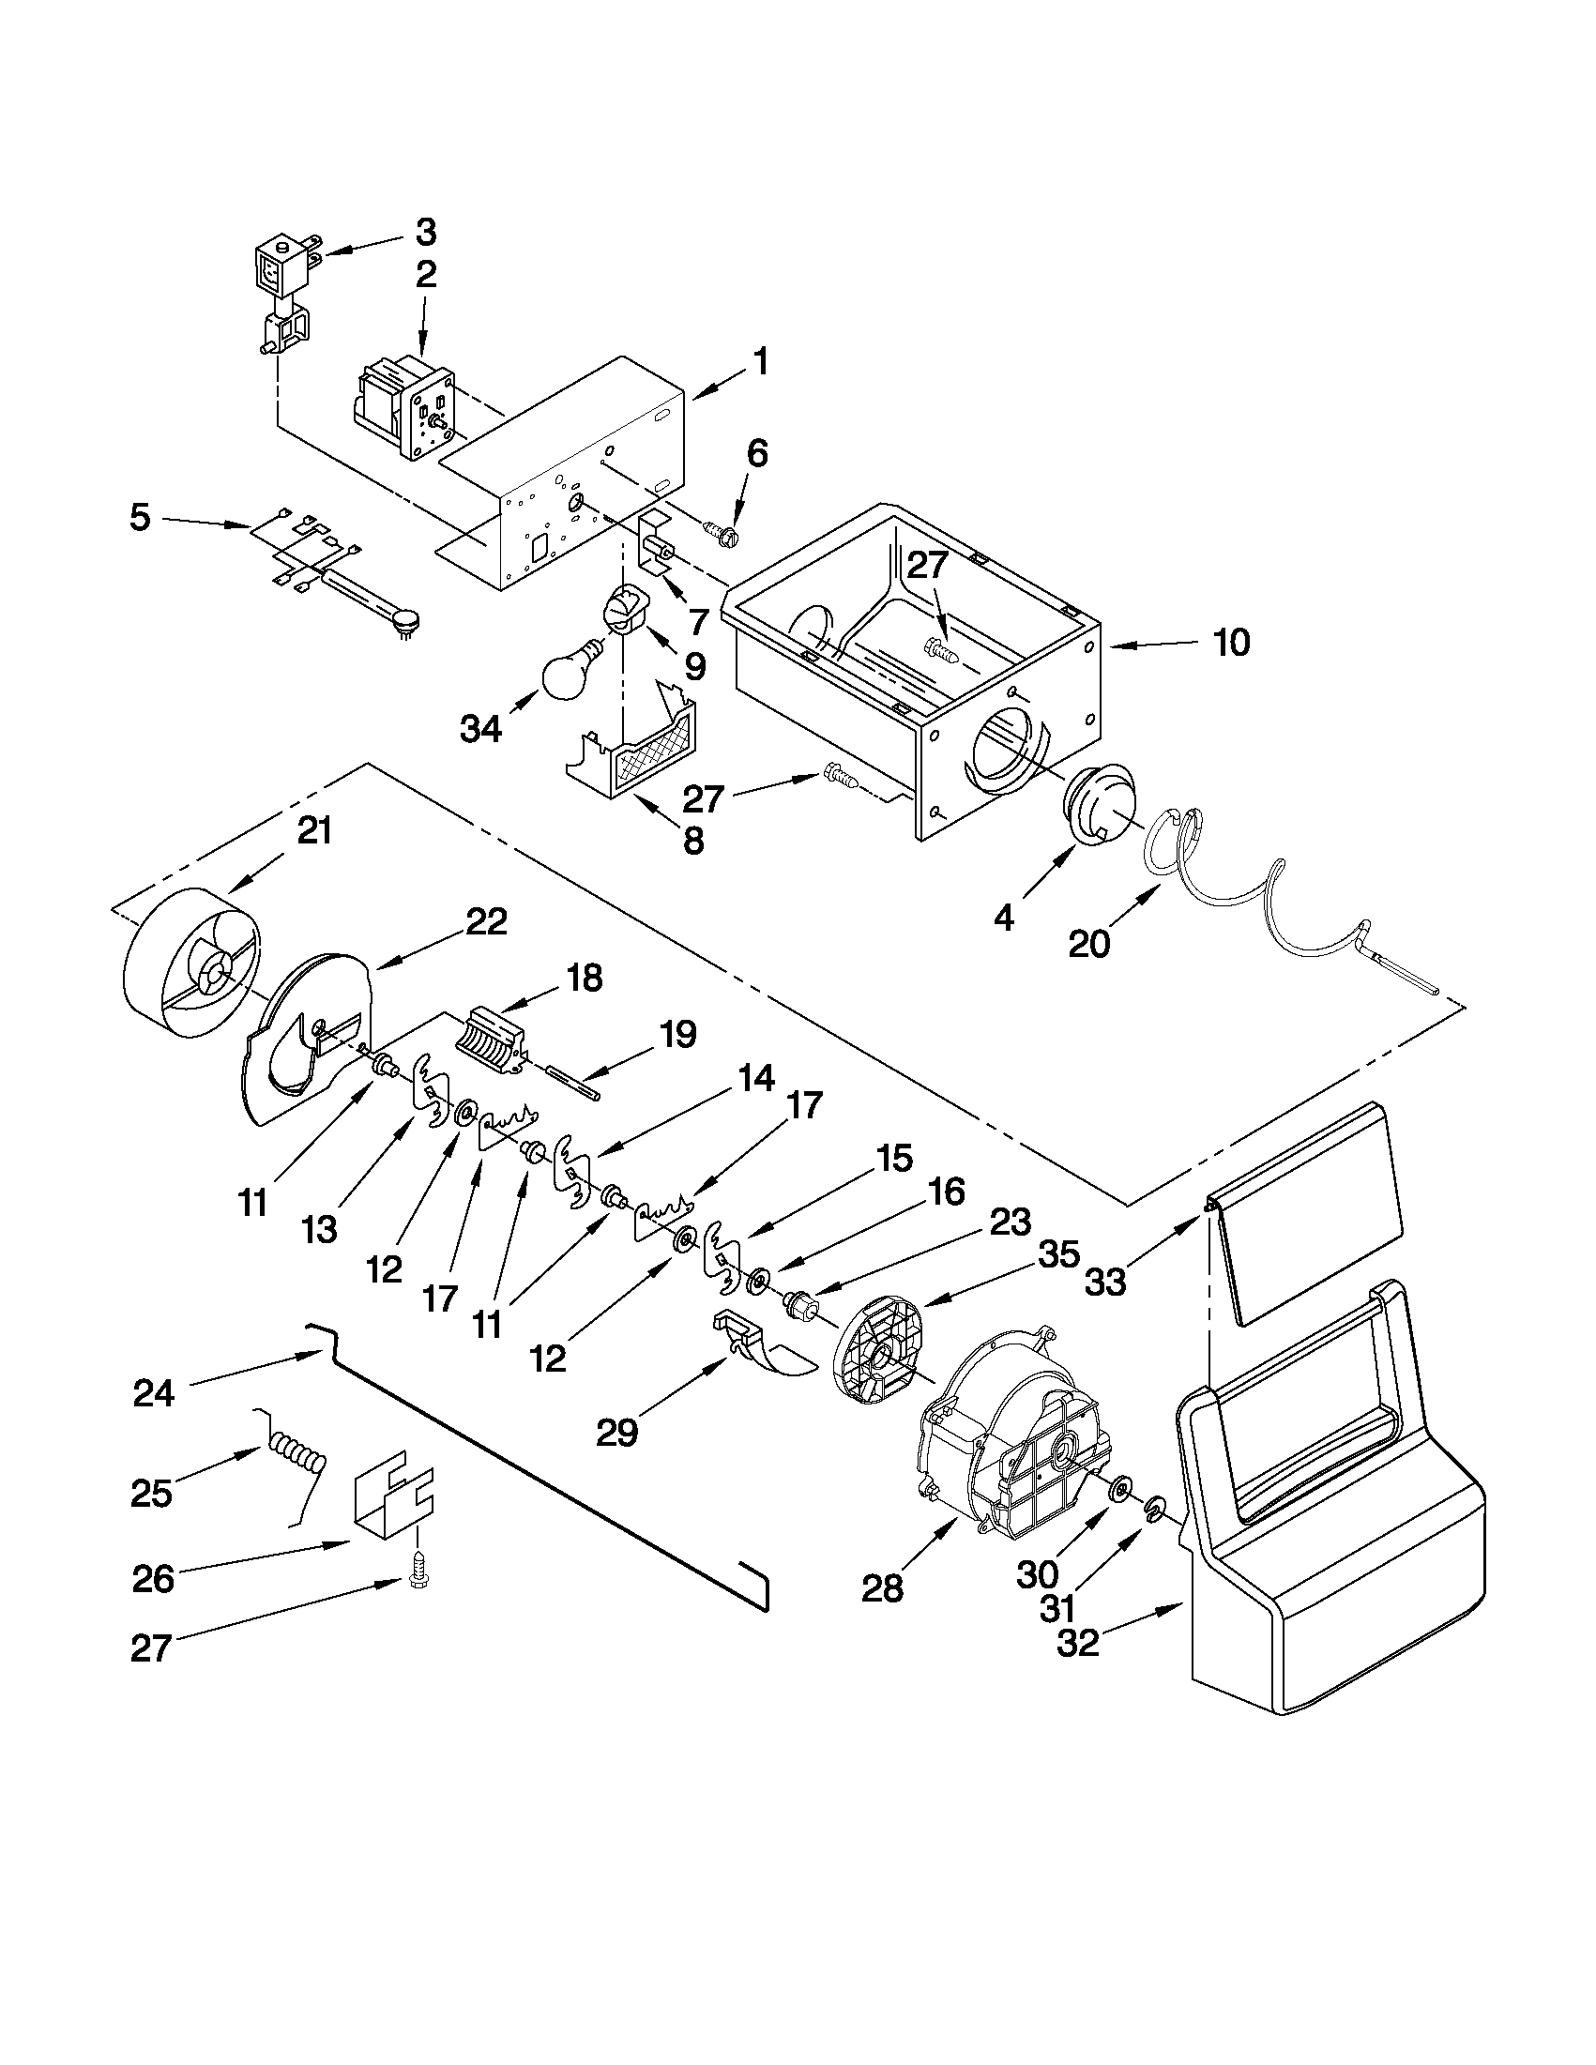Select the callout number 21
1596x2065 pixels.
(x=315, y=831)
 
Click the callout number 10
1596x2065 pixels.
(x=1231, y=643)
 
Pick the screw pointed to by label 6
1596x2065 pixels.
(x=723, y=530)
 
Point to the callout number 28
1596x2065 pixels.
(x=882, y=1589)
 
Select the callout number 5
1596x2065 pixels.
(x=140, y=518)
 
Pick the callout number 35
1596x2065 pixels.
(x=1059, y=1256)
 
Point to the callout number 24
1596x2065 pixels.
(x=153, y=1393)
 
